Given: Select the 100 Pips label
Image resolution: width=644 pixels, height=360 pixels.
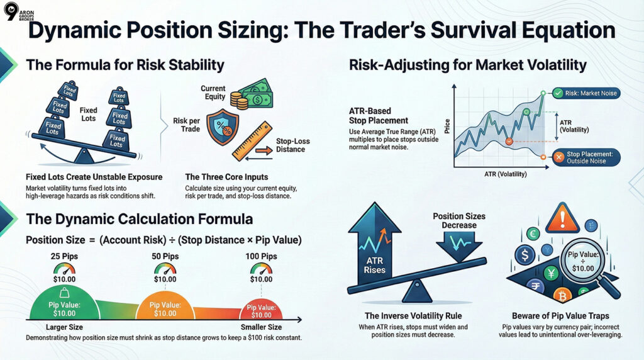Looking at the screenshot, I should point(261,257).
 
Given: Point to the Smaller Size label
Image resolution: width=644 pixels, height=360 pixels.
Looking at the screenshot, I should point(261,327).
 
